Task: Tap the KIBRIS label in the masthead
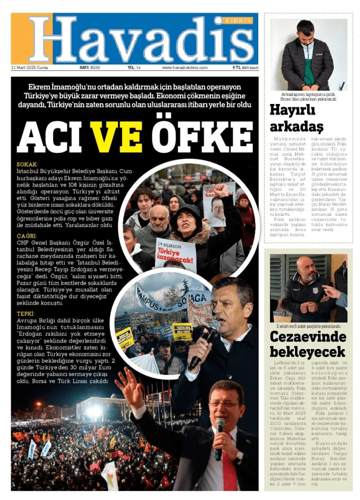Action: coord(238,21)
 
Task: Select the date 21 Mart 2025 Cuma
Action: coord(29,67)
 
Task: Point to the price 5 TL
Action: coord(237,67)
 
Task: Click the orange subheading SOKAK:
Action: coord(27,165)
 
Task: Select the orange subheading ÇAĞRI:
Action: coord(27,235)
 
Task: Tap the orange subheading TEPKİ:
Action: coord(26,313)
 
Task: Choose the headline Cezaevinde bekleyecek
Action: coord(308,344)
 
